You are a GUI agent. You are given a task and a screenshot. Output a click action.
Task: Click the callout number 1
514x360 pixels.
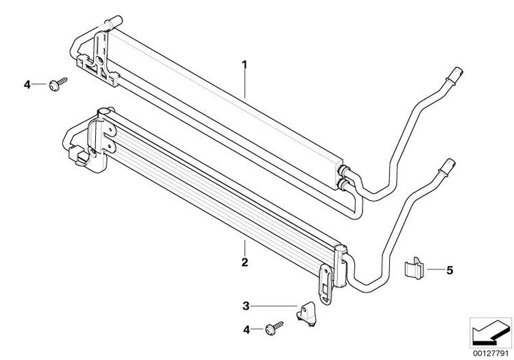[x=244, y=64]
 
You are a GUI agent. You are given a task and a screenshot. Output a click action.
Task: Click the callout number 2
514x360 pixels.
[x=245, y=263]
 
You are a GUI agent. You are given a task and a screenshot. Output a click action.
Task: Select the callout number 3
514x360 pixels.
[x=246, y=307]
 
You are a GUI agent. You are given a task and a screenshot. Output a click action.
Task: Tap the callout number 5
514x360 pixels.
[x=450, y=270]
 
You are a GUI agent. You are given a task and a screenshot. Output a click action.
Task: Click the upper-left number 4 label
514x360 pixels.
[x=27, y=84]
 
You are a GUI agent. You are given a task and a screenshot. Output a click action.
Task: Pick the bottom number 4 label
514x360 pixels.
[x=246, y=330]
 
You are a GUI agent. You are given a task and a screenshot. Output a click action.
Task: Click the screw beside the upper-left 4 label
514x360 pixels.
[x=58, y=84]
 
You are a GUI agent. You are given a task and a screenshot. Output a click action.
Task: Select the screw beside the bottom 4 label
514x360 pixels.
[x=273, y=328]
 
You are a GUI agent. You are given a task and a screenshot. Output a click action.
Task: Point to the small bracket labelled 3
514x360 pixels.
[x=306, y=314]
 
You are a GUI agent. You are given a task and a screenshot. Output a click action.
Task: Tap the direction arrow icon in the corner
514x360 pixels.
[x=491, y=331]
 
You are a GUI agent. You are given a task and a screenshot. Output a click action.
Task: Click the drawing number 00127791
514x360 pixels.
[x=491, y=354]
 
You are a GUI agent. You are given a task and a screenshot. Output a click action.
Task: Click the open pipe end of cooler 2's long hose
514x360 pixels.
[x=448, y=165]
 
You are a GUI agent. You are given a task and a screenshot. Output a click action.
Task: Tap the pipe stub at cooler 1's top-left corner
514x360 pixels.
[x=114, y=22]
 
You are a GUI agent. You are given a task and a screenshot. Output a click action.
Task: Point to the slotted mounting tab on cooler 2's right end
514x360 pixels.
[x=325, y=285]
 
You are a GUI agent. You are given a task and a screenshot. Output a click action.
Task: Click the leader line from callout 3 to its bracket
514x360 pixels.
[x=274, y=307]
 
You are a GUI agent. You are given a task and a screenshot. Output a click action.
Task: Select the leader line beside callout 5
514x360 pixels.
[x=435, y=269]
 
